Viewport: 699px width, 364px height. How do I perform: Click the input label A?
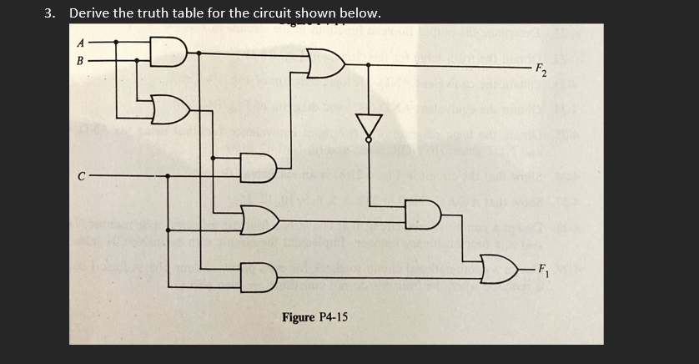(x=81, y=43)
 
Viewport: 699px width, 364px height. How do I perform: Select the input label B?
(x=81, y=60)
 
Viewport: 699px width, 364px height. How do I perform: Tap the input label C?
(x=81, y=175)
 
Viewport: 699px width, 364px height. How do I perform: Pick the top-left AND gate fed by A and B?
(x=170, y=52)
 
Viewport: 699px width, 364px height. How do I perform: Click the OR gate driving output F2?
(x=324, y=63)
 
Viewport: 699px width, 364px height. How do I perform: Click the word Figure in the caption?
(x=299, y=317)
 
